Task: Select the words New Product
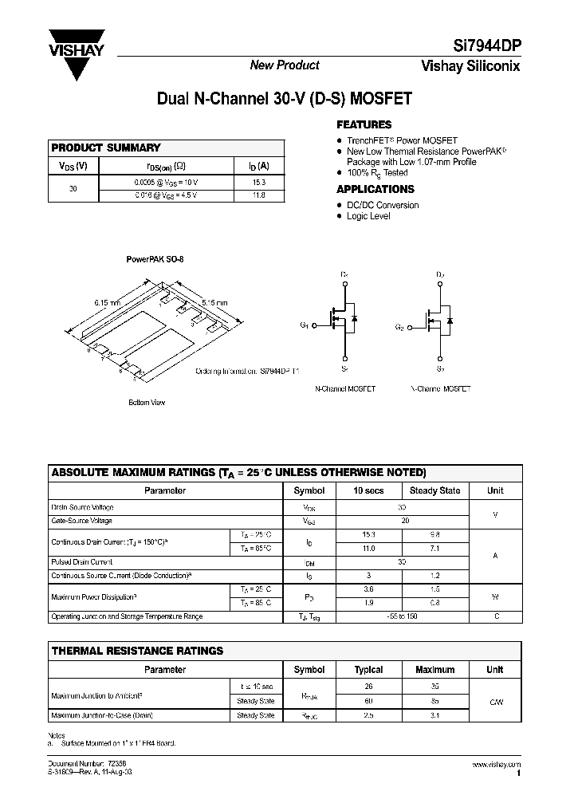[285, 65]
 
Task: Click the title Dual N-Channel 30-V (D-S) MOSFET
[285, 100]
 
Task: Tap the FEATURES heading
[364, 124]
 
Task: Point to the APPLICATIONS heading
[375, 189]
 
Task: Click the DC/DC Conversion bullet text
[383, 205]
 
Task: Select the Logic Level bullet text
[368, 216]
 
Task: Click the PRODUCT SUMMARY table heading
[106, 148]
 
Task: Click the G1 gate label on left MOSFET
[305, 325]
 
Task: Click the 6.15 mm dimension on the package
[106, 303]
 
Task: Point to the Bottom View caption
[147, 403]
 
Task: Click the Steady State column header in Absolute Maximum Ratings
[434, 490]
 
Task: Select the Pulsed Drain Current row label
[82, 562]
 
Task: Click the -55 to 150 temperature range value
[402, 616]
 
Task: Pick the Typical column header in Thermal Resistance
[368, 670]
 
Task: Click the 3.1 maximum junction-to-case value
[434, 715]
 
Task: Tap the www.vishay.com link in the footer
[497, 764]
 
